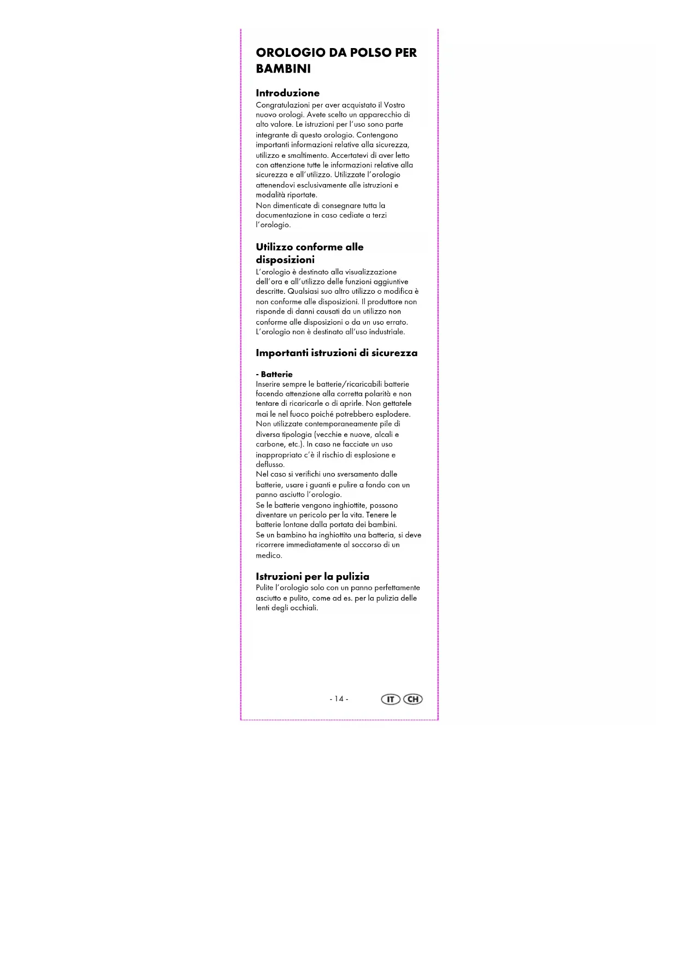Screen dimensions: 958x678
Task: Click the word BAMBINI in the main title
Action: [283, 69]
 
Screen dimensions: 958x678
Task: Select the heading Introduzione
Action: [287, 93]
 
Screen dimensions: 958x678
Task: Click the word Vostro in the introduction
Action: [394, 105]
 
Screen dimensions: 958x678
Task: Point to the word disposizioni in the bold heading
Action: [285, 260]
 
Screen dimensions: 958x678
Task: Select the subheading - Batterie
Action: [274, 374]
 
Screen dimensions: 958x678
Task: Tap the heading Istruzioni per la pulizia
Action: [312, 576]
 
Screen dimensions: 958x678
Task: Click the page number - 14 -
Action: [339, 699]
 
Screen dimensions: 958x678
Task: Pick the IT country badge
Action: [390, 699]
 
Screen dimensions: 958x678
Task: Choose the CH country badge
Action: [413, 699]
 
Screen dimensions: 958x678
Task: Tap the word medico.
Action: [269, 555]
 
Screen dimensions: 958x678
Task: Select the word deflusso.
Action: [270, 464]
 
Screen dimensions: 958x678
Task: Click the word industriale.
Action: [387, 332]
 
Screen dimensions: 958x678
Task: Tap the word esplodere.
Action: [391, 414]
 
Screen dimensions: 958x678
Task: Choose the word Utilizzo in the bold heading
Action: [273, 247]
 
